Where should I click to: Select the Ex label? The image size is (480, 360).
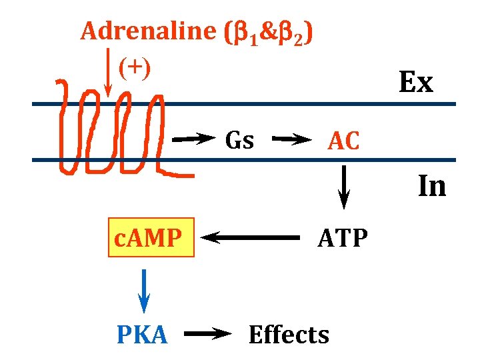point(416,83)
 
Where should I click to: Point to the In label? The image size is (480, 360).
point(431,187)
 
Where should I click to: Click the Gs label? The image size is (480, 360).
point(239,140)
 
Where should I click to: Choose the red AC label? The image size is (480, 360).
point(343,141)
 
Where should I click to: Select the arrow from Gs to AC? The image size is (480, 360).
point(292,139)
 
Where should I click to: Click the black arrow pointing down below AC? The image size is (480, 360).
point(344,187)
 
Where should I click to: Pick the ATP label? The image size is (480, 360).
point(343,237)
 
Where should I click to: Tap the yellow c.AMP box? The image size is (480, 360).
point(151,237)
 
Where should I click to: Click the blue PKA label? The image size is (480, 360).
point(142,335)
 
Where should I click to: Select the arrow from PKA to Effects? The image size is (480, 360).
point(207,335)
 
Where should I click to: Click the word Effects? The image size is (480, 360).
point(289,335)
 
